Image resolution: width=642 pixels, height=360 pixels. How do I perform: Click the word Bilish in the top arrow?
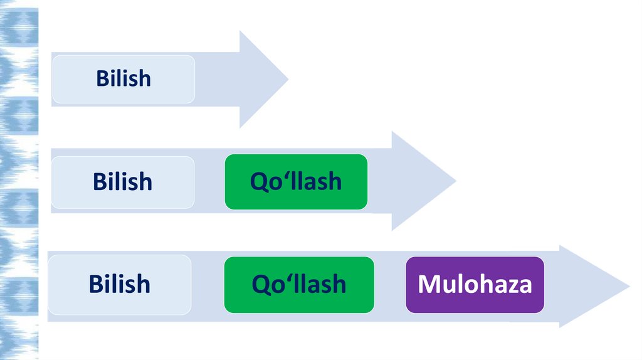[124, 78]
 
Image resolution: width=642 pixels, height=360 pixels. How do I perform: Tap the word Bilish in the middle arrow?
[122, 181]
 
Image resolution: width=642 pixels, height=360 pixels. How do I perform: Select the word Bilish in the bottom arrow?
[120, 283]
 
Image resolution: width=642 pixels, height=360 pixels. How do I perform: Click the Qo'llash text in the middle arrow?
[296, 181]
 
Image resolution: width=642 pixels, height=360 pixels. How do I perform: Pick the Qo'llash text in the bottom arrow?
[298, 283]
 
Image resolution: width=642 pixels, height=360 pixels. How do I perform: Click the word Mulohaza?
[475, 284]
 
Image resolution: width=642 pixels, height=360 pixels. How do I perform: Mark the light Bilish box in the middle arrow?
[122, 198]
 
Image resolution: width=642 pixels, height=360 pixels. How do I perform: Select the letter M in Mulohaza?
[428, 284]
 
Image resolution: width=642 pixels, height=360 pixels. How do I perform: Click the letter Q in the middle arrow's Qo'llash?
[258, 182]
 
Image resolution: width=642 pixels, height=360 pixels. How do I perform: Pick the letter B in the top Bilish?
[102, 78]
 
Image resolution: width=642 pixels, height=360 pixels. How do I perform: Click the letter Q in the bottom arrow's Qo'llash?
[260, 284]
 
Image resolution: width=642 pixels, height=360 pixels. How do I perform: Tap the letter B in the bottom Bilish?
[96, 283]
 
